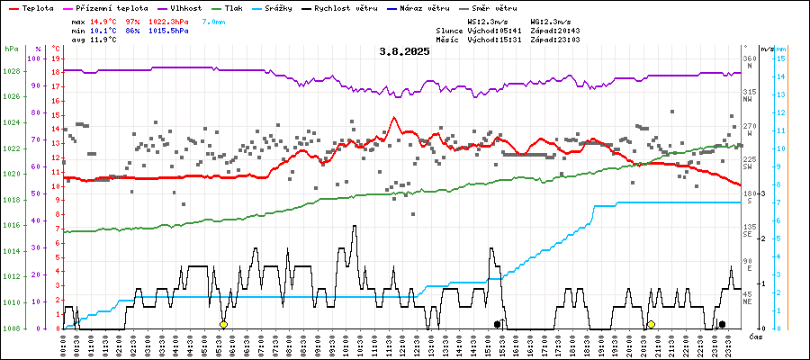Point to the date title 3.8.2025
404,51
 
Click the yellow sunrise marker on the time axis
224,324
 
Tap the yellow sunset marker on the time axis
651,324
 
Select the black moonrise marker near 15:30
497,324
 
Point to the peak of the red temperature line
393,118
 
